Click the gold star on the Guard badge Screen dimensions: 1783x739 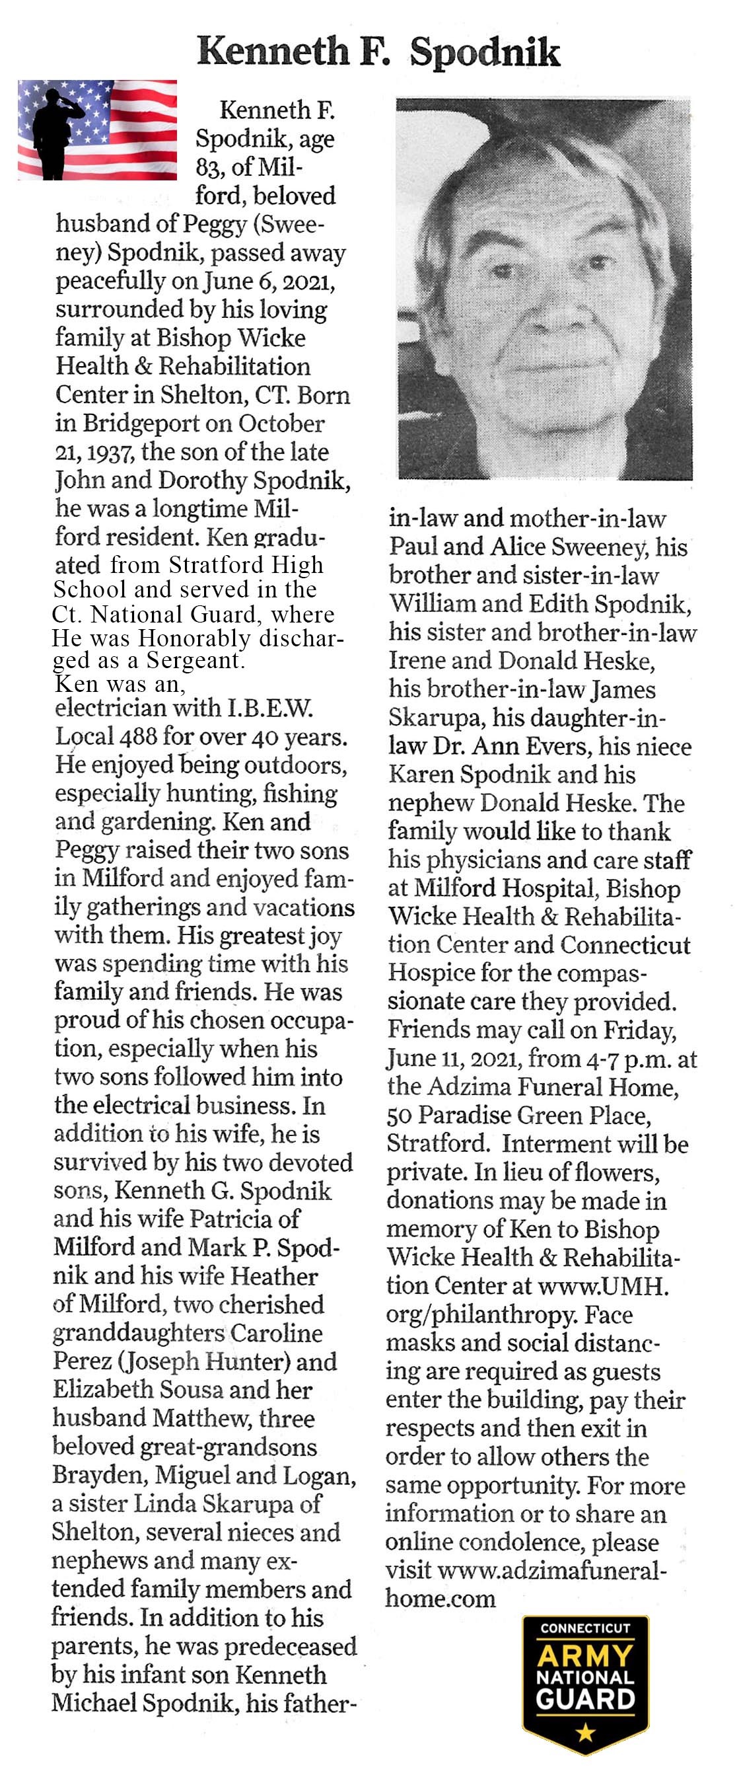click(585, 1733)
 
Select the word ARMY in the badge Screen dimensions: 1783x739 click(585, 1656)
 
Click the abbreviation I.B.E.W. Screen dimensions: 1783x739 click(270, 707)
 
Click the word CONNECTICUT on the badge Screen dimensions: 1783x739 click(585, 1628)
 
